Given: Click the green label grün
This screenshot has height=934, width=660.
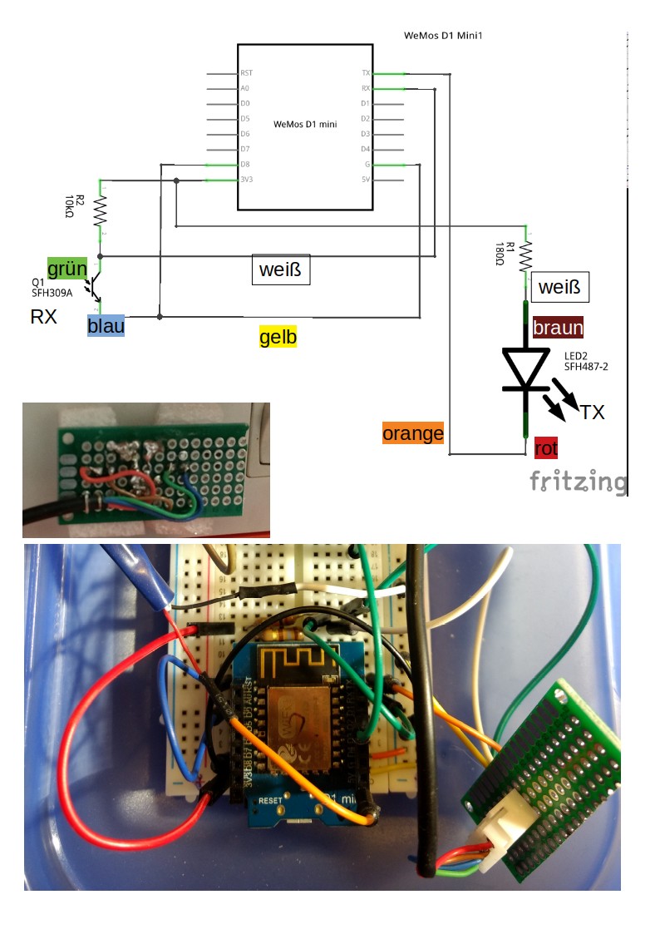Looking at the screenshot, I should coord(67,269).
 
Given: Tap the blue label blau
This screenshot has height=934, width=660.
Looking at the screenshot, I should coord(106,325).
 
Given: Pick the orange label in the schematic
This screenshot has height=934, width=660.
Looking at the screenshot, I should coord(413,432).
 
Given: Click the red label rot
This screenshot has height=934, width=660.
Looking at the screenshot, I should coord(546,448).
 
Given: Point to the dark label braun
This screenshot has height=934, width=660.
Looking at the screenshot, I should coord(558,328).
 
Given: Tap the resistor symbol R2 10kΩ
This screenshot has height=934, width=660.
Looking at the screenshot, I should coord(100,211).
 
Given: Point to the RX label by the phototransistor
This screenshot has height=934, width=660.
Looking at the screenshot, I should coord(44,317).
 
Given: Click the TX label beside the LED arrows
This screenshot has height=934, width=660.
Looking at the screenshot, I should coord(593,412).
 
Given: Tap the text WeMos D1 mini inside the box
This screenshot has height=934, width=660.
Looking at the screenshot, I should coord(305,125).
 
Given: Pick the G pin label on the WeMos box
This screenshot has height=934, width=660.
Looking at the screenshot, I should coord(367,165).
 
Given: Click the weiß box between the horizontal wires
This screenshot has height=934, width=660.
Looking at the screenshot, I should coord(281,269).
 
